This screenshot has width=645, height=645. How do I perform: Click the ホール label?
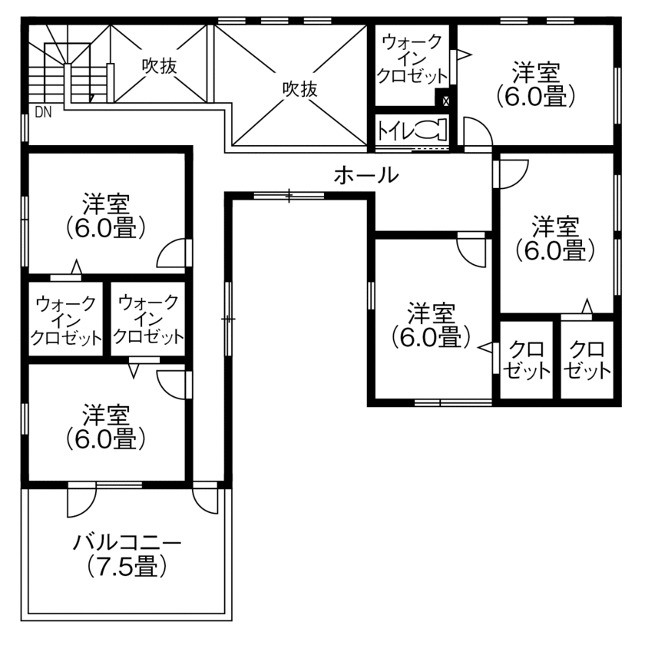(366, 175)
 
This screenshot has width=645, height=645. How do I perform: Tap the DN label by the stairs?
(43, 112)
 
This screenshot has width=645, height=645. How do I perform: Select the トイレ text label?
(395, 130)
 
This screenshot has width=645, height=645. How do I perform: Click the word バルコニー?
(127, 544)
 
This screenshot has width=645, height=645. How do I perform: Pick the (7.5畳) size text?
(127, 567)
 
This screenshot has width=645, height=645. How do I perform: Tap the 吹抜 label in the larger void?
(299, 89)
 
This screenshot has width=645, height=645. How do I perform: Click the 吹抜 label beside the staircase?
(159, 66)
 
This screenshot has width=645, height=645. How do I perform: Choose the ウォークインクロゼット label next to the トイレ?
(412, 58)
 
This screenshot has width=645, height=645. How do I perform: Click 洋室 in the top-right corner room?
(536, 74)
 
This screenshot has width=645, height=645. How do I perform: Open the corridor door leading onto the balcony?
(206, 499)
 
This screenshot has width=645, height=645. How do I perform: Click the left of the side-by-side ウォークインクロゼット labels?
(66, 320)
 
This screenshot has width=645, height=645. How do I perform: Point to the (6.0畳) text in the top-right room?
(536, 98)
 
